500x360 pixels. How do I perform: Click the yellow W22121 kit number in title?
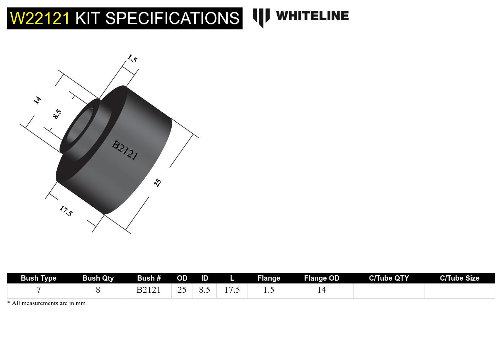40,18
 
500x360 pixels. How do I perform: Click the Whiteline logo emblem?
261,17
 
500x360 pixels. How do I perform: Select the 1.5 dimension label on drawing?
132,58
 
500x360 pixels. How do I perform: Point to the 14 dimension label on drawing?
37,100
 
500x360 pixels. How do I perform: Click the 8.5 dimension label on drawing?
57,114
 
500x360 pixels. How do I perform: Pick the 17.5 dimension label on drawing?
66,211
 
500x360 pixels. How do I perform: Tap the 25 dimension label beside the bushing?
157,182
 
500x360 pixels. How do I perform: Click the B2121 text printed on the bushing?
124,150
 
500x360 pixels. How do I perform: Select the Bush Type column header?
38,278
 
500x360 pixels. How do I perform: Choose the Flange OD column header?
321,278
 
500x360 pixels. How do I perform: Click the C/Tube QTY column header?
389,278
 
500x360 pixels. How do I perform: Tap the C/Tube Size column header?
459,278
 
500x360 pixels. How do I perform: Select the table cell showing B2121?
149,290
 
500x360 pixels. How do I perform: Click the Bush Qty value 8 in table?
98,290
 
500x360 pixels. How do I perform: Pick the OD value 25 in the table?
182,290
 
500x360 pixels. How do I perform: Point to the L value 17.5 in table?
232,290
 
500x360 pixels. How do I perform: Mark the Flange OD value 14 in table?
321,290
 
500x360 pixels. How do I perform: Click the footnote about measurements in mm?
46,303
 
